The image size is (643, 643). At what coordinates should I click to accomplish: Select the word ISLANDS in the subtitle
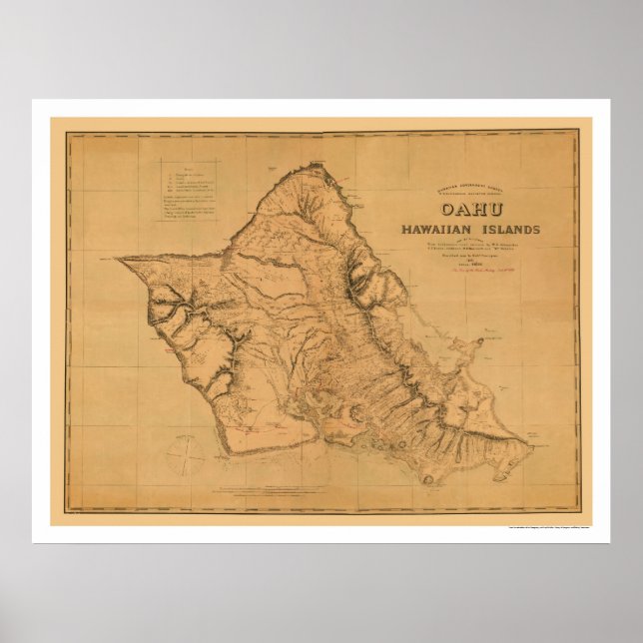[506, 230]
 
